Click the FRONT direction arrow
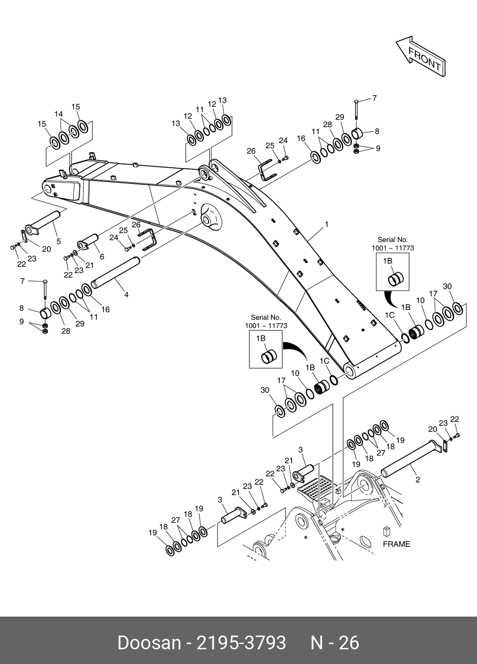pos(421,56)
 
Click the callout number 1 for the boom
pos(327,224)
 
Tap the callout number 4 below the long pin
pos(127,295)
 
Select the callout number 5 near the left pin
pos(59,241)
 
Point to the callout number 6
pos(102,256)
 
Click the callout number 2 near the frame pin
pos(418,479)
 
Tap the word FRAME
pos(396,544)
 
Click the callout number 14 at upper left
pos(59,114)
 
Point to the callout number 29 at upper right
pos(339,117)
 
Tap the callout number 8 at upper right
pos(377,131)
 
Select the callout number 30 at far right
pos(447,286)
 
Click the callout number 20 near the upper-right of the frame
pos(432,429)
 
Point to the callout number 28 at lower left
pos(66,331)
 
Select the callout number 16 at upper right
pos(301,138)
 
